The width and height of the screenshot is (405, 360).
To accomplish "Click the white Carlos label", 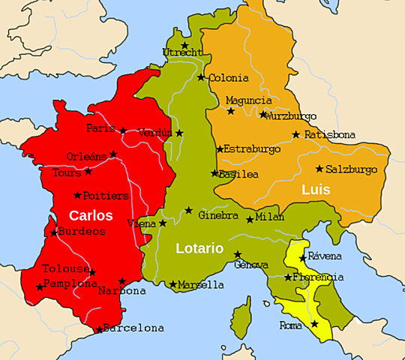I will click(x=91, y=215).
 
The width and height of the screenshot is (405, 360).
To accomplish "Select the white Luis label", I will click(x=316, y=190).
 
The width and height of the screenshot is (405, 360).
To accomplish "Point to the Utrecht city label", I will click(x=182, y=52).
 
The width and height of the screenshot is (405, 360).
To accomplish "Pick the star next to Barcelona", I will click(x=99, y=328).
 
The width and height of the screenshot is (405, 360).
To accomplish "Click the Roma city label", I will click(x=290, y=325).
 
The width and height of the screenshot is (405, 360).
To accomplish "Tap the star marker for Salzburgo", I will click(x=319, y=169).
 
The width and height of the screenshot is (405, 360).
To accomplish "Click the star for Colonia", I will click(x=200, y=77).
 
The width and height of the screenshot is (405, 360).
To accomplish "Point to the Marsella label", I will click(x=201, y=285).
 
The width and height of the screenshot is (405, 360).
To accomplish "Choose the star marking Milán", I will click(x=250, y=220).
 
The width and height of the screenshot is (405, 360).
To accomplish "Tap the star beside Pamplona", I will click(x=39, y=286).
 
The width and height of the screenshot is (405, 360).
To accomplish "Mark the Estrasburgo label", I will click(x=253, y=148).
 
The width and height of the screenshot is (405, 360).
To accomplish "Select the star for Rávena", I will click(x=302, y=258).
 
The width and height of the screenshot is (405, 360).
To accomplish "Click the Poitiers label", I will click(x=106, y=196).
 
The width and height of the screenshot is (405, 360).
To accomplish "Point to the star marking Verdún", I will click(x=178, y=133).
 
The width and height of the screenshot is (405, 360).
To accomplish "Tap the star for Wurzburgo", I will click(x=262, y=115).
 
